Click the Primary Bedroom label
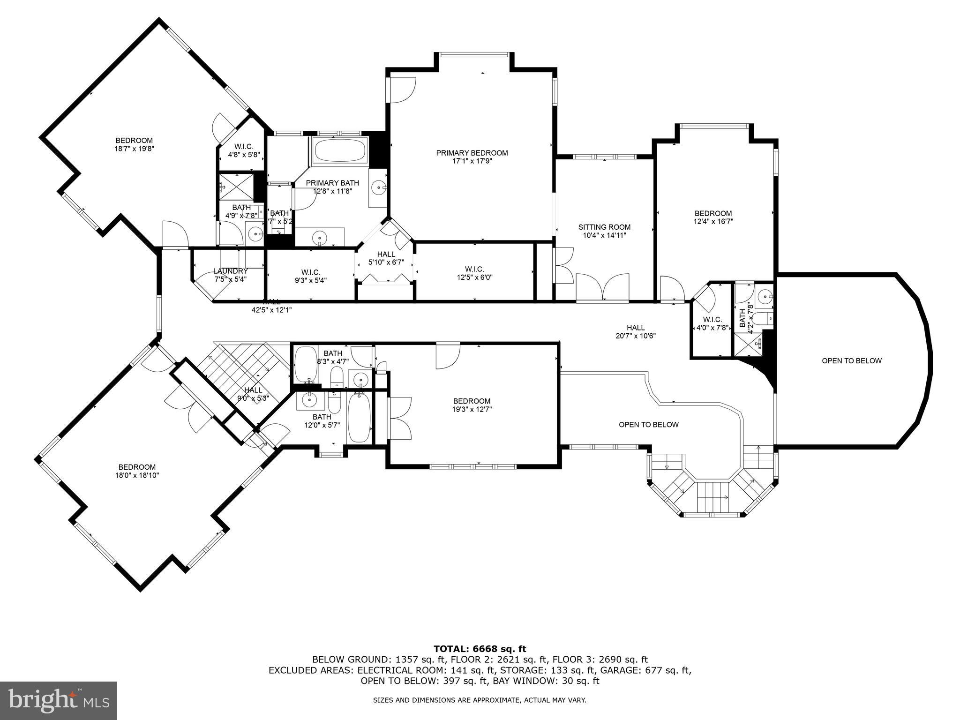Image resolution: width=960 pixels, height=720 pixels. [472, 157]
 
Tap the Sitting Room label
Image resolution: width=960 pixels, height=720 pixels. [604, 231]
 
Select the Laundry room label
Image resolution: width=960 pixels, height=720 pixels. [230, 275]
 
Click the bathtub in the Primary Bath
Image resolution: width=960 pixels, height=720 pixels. [340, 151]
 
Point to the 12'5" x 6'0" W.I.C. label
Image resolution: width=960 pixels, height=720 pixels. [474, 273]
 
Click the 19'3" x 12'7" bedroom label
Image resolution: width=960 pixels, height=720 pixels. [472, 405]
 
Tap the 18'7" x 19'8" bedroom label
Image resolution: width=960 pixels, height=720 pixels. [134, 144]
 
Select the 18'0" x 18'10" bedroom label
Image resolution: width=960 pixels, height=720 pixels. [137, 471]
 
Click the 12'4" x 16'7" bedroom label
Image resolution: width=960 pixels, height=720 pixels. [712, 217]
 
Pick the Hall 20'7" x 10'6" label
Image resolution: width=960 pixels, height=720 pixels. [636, 331]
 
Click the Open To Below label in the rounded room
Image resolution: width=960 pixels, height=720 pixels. [851, 360]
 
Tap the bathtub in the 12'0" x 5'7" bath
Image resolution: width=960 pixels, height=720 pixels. [359, 417]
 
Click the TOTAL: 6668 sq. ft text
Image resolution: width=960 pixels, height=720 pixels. [480, 649]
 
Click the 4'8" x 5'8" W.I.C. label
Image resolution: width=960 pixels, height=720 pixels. [244, 150]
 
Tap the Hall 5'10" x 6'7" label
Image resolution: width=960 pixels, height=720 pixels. [386, 258]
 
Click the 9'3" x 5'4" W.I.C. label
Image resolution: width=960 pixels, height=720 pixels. [310, 276]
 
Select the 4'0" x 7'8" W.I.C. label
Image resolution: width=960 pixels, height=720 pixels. [712, 323]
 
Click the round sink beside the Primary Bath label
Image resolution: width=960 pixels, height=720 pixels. [377, 188]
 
